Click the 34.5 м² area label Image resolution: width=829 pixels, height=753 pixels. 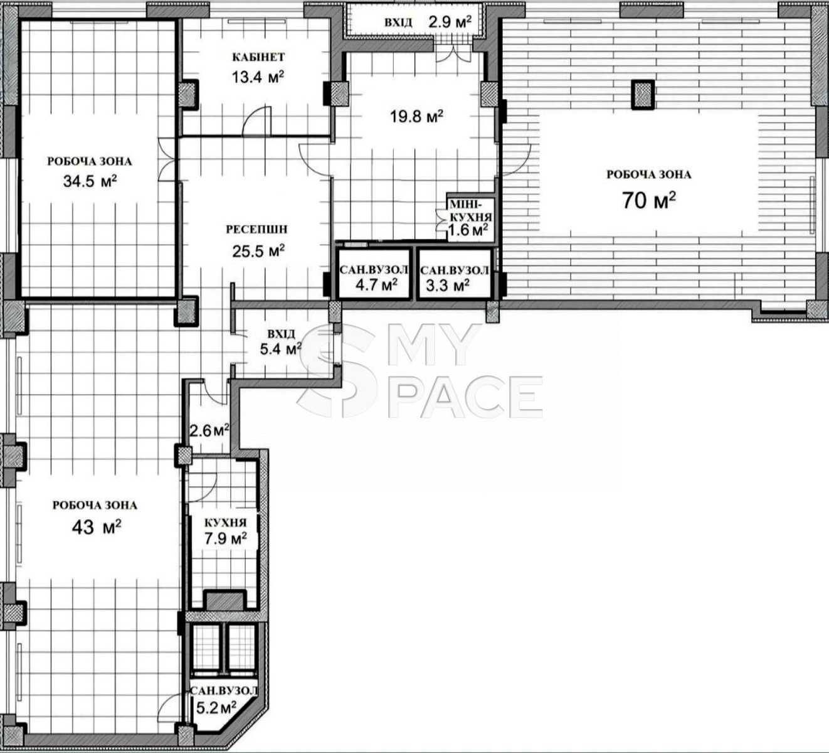(x=90, y=181)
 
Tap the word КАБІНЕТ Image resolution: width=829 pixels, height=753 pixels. (x=258, y=57)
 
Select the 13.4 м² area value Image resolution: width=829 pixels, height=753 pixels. (x=258, y=77)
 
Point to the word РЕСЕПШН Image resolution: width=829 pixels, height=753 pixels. (x=256, y=229)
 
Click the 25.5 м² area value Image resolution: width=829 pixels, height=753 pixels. (x=258, y=251)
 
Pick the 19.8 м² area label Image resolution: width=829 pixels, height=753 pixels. (x=416, y=116)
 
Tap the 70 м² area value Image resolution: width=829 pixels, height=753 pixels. (x=649, y=201)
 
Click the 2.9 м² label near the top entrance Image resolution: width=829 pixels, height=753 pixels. (x=450, y=21)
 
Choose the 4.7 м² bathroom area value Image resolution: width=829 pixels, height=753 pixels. (x=376, y=285)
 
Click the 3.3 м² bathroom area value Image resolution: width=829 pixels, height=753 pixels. (x=448, y=285)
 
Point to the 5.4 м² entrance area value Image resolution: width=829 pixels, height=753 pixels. (x=280, y=349)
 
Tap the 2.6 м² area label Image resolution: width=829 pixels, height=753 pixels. (x=209, y=431)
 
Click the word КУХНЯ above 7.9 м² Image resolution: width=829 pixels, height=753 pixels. (x=225, y=523)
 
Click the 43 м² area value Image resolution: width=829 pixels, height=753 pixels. (x=97, y=527)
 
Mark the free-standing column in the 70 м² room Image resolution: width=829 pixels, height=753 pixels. (x=643, y=94)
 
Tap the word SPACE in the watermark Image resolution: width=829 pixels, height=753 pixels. (x=465, y=398)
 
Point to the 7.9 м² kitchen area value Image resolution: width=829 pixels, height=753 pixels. (x=226, y=538)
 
